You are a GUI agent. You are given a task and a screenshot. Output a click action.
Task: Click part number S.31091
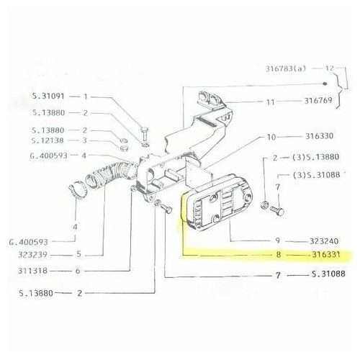click(x=48, y=96)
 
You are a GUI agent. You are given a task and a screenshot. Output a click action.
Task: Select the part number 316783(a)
click(x=286, y=68)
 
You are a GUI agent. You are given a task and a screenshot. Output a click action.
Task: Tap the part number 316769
click(x=318, y=101)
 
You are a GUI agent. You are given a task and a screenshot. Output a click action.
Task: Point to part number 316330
click(x=319, y=136)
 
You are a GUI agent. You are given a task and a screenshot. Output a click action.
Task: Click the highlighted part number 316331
click(x=326, y=254)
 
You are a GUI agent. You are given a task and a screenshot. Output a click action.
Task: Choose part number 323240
click(x=324, y=240)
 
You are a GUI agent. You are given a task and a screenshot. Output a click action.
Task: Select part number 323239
click(x=33, y=254)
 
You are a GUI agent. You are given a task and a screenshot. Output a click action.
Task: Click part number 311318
click(x=33, y=271)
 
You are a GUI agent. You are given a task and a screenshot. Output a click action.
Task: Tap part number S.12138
click(x=48, y=140)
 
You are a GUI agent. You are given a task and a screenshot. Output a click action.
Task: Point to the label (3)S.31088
click(x=316, y=175)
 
